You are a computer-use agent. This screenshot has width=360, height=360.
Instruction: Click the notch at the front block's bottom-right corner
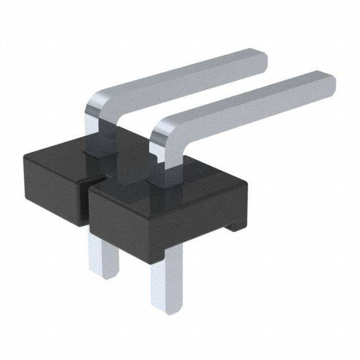[x=233, y=226]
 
